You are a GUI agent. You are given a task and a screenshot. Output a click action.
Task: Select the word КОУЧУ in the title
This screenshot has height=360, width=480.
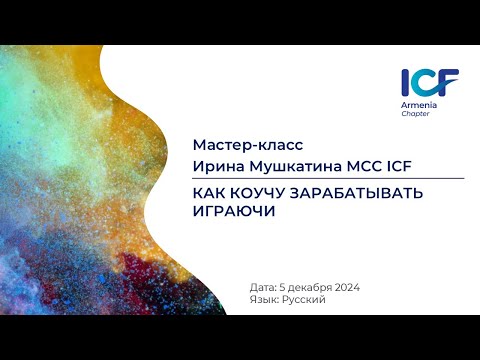[264, 193]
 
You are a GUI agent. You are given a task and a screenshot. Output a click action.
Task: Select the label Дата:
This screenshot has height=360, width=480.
[265, 287]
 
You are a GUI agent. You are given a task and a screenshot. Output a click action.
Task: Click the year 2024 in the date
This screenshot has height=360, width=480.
[343, 287]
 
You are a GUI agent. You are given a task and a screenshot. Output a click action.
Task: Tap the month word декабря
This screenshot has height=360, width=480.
[308, 287]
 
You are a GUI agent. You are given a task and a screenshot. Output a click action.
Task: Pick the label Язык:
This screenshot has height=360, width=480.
[266, 299]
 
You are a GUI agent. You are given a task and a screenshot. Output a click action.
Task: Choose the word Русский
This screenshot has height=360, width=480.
[306, 299]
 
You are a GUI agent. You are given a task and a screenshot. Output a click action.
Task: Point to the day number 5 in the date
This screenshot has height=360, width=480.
[284, 287]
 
